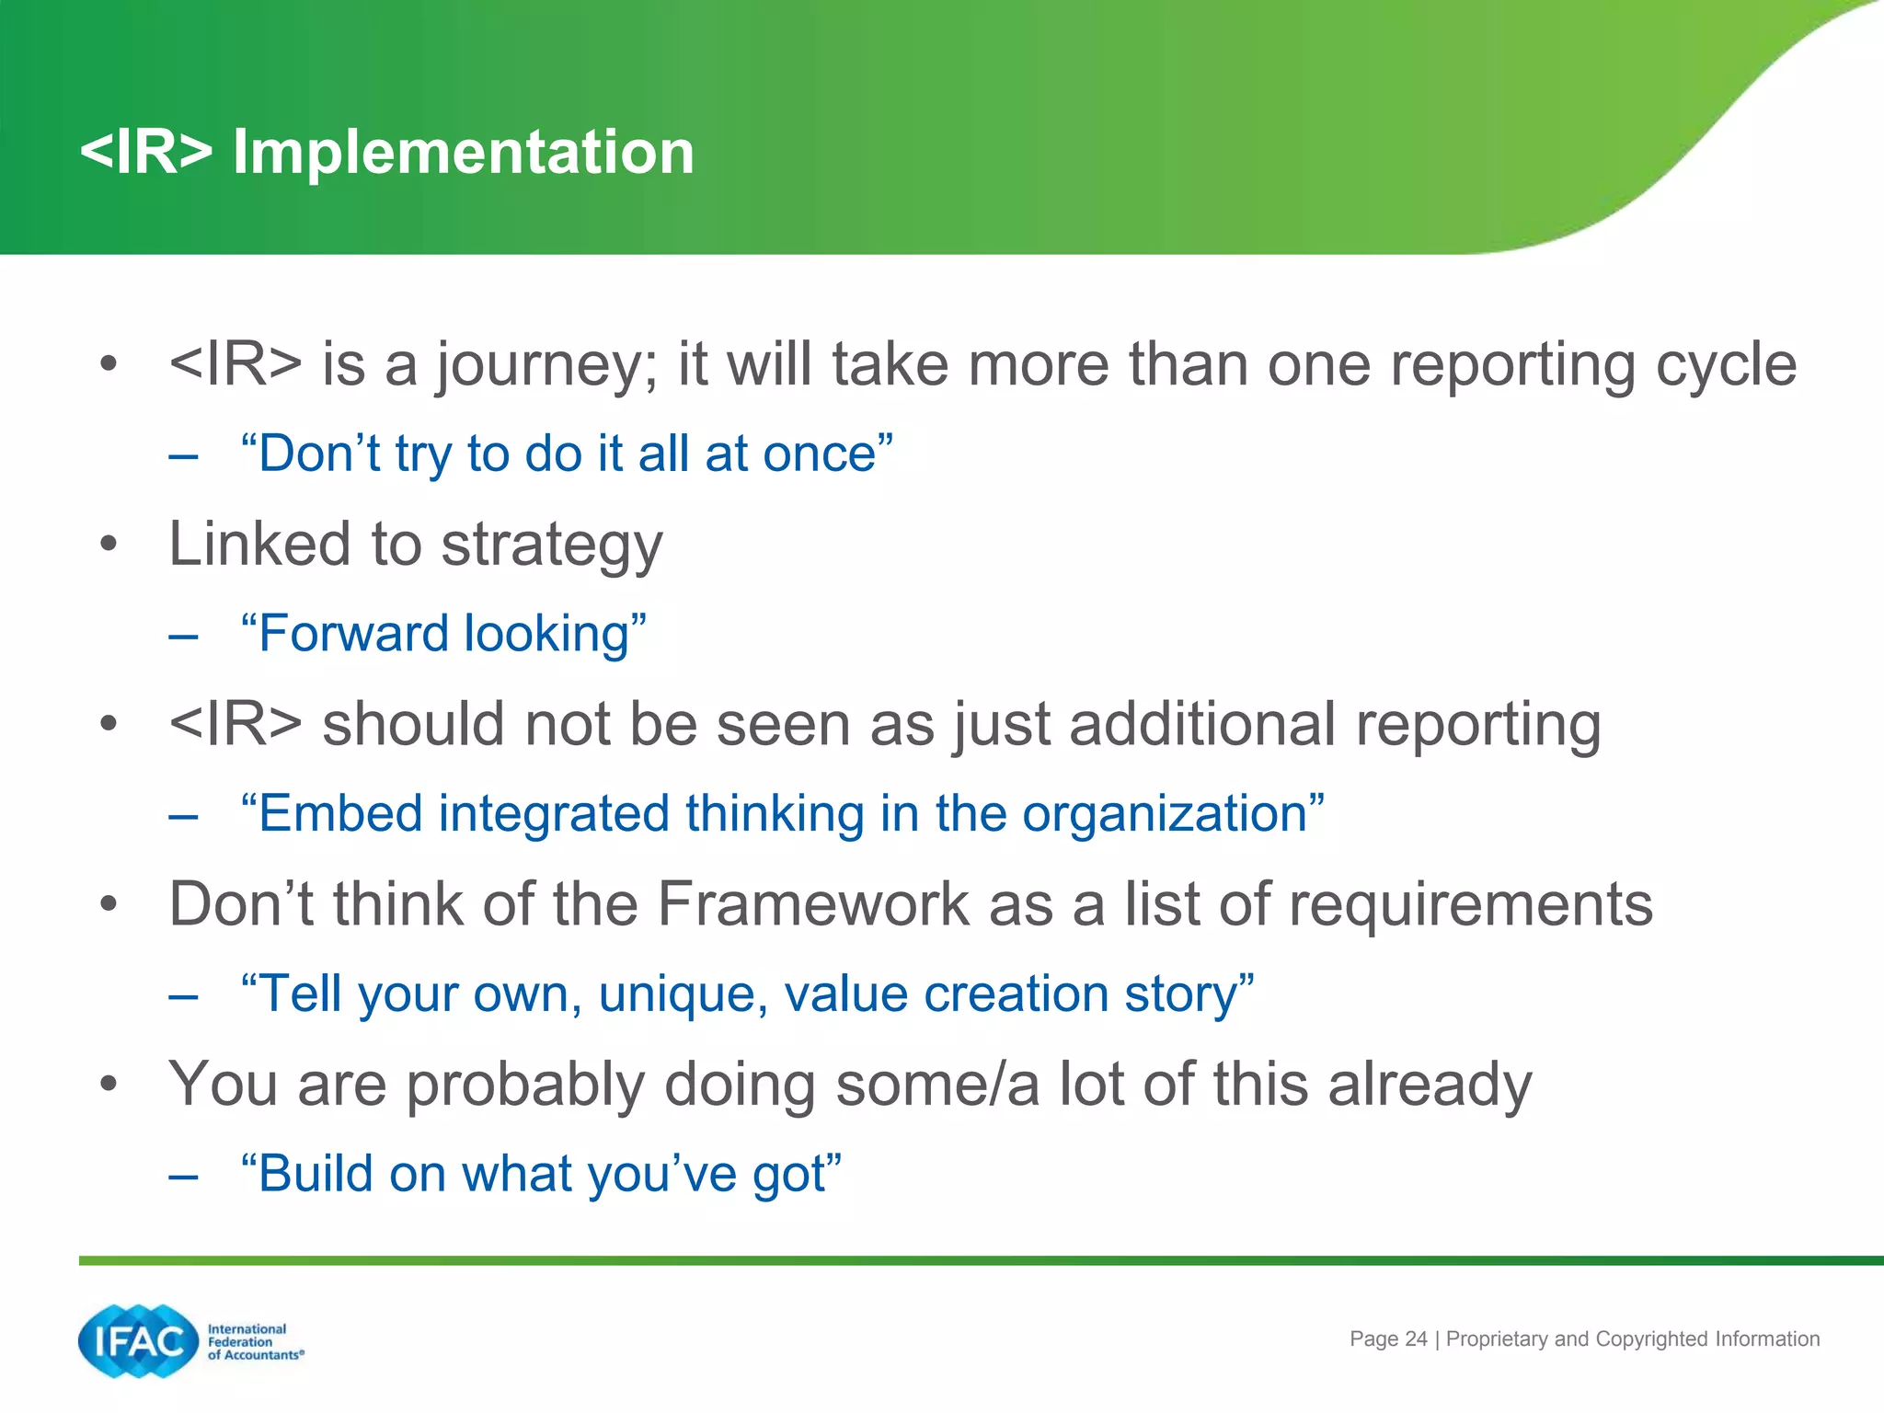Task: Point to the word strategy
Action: click(x=551, y=546)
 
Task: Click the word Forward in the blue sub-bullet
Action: click(x=353, y=634)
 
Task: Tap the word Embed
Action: click(x=339, y=814)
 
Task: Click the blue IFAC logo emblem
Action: click(x=139, y=1341)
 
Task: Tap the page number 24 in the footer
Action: click(x=1416, y=1339)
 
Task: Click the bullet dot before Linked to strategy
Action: click(x=109, y=544)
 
